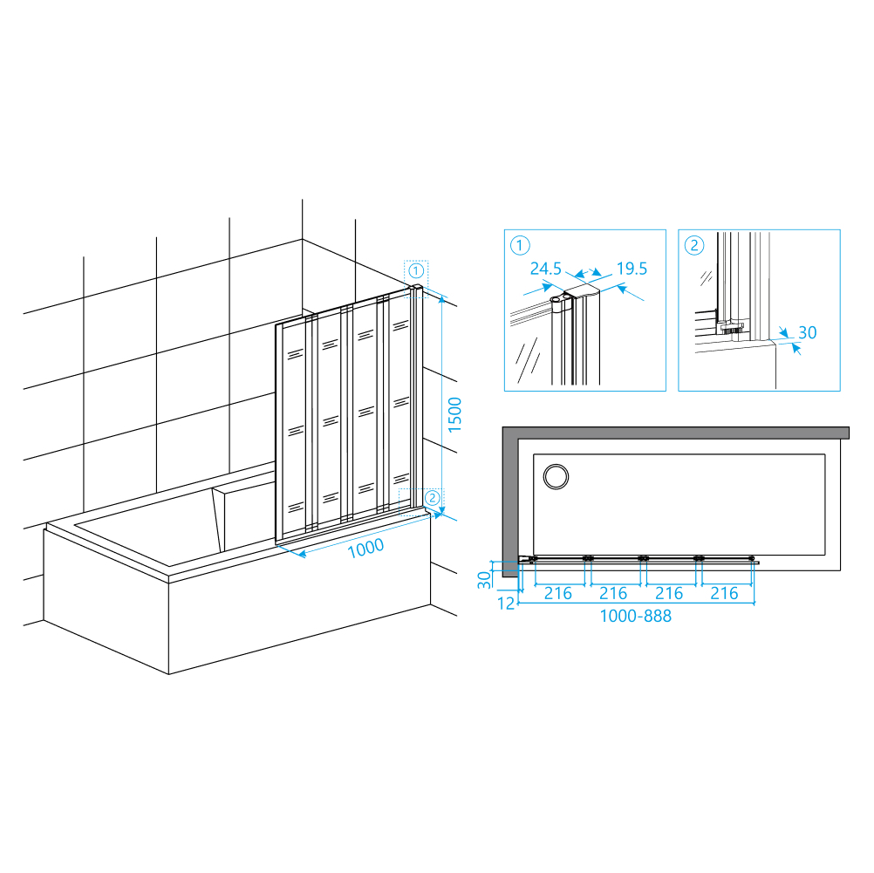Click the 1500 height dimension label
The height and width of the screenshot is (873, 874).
(454, 414)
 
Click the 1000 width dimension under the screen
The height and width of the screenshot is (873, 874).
(365, 548)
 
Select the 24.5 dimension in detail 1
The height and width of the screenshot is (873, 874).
(546, 269)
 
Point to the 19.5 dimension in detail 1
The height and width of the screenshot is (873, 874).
(632, 269)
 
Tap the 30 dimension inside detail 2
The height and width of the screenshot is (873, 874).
(807, 333)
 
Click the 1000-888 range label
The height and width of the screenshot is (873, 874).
(635, 616)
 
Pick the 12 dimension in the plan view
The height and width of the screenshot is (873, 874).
(506, 604)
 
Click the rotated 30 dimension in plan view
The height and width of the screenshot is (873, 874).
(484, 580)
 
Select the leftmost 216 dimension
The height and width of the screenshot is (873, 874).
(558, 593)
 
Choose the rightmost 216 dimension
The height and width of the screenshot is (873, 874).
(724, 593)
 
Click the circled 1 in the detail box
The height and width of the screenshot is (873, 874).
(520, 245)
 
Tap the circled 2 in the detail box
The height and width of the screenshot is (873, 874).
(694, 245)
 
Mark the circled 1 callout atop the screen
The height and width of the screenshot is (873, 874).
(416, 271)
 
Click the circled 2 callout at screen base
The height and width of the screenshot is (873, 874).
(433, 498)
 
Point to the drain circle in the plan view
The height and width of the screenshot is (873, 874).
(556, 477)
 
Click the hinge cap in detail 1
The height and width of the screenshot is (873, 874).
(563, 301)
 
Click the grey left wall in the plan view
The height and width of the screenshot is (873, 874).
(510, 501)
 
